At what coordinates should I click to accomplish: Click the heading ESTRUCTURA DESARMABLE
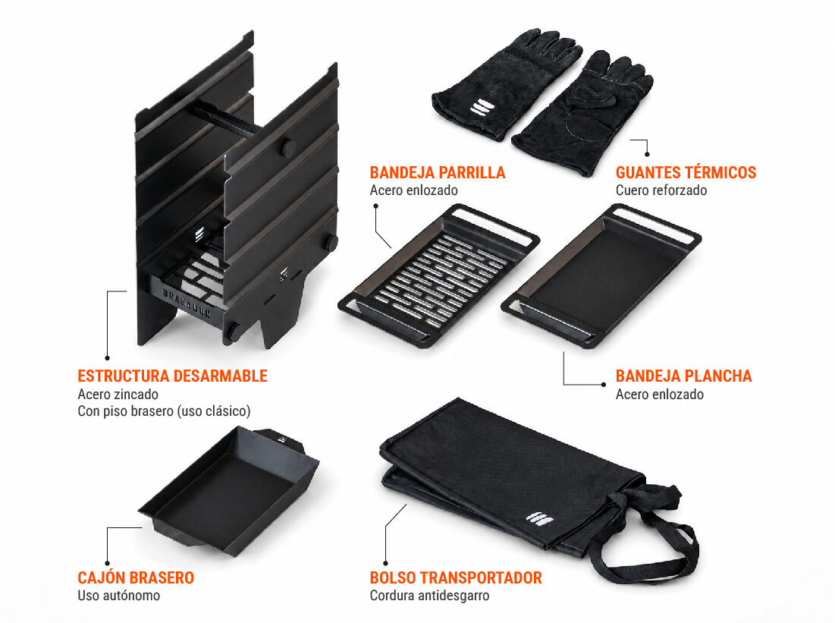[x=173, y=376]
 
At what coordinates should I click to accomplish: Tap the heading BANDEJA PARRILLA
[x=438, y=173]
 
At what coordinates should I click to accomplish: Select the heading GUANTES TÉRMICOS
[x=686, y=173]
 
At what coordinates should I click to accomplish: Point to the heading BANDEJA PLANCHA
[x=684, y=376]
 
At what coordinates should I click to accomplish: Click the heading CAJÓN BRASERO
[x=136, y=577]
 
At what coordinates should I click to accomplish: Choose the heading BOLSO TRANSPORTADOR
[x=456, y=577]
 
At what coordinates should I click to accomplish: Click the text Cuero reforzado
[x=661, y=190]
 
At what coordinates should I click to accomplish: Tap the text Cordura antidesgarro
[x=430, y=596]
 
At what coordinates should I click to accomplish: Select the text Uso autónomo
[x=119, y=596]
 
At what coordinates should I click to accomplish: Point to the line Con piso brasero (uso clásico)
[x=164, y=411]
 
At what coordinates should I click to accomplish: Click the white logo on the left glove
[x=480, y=107]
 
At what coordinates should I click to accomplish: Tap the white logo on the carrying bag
[x=540, y=518]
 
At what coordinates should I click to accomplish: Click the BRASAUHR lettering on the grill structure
[x=187, y=303]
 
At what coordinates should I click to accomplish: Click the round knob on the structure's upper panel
[x=288, y=148]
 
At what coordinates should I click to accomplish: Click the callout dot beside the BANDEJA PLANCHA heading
[x=604, y=384]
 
